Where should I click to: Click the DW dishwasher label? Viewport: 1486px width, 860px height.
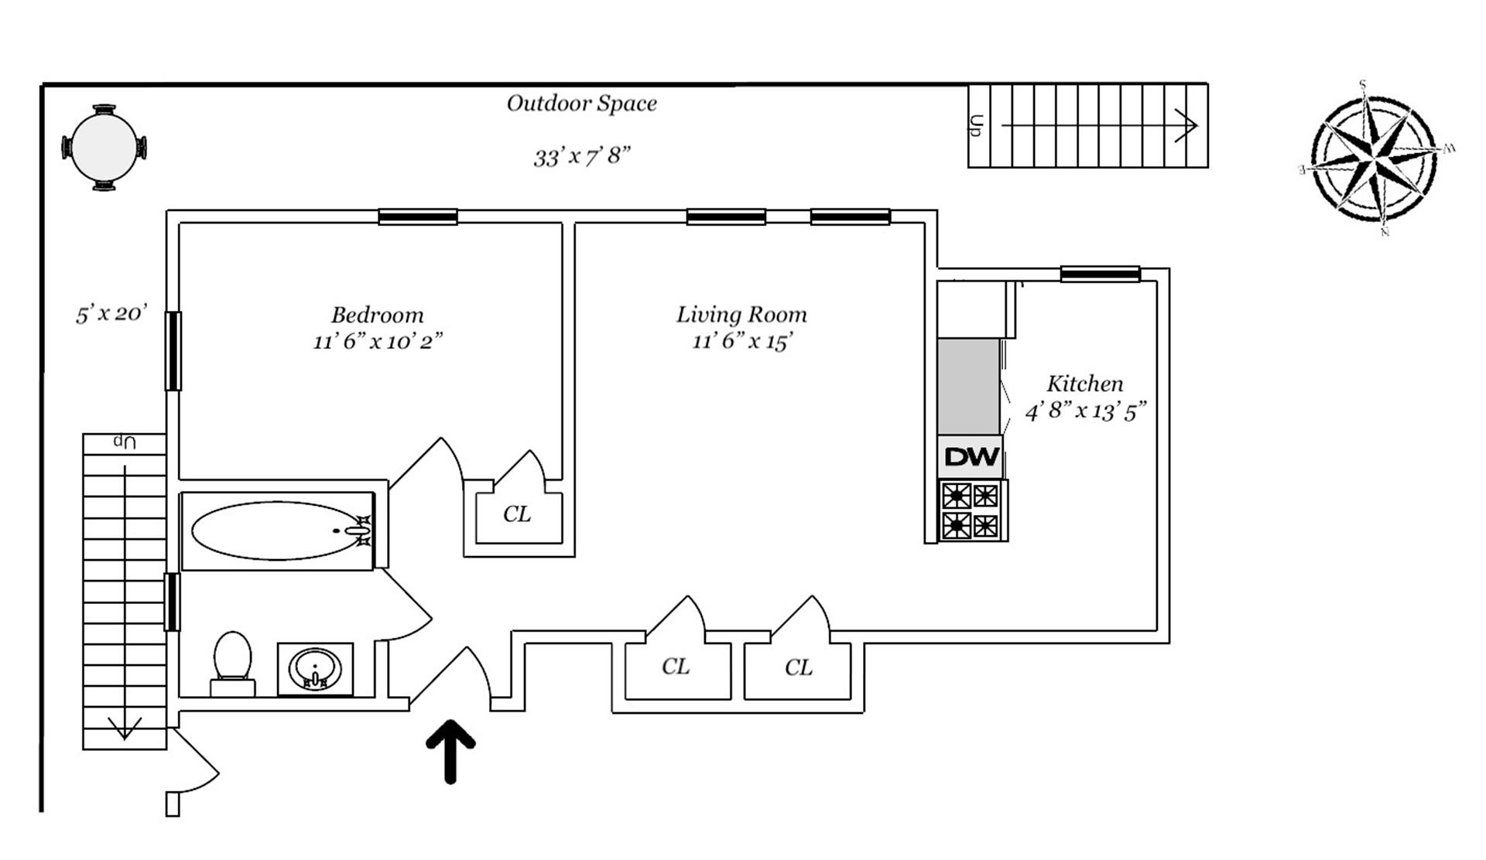971,457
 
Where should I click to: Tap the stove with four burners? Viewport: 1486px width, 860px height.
971,510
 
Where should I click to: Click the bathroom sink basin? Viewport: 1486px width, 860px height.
315,667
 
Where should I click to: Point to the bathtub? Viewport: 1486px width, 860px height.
277,531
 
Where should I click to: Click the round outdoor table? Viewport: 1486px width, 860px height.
104,148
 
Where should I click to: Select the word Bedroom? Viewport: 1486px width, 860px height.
378,316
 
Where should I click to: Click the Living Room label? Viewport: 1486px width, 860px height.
741,315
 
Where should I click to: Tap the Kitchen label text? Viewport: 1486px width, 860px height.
1084,384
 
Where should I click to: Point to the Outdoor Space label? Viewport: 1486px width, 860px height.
581,104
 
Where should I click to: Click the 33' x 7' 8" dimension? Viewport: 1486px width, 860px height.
582,156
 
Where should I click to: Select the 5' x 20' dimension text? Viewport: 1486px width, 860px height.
111,314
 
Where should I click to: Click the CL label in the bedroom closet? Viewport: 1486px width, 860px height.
517,514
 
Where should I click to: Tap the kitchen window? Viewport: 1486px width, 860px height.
1100,274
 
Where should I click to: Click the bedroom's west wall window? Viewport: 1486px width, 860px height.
173,350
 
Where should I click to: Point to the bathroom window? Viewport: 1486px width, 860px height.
172,602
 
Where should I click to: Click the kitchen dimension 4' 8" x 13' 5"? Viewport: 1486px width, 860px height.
1085,411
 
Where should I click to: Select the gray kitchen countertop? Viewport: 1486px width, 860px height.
968,386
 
